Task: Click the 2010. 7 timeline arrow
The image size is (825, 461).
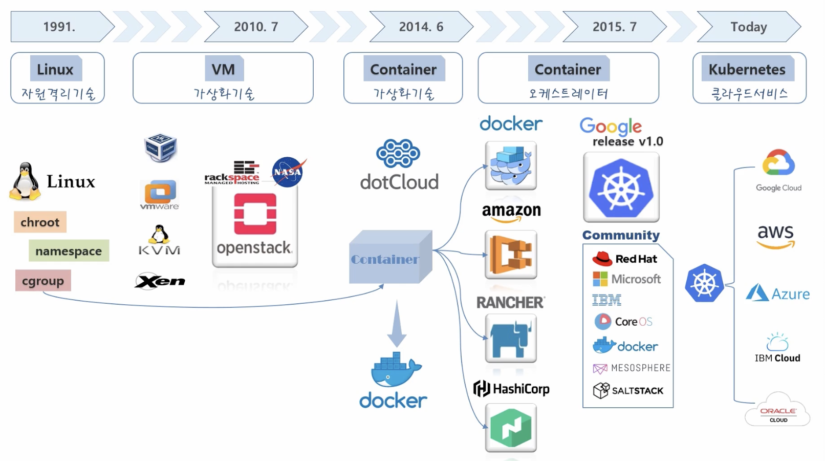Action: [256, 27]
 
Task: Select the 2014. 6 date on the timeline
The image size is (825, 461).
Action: [421, 27]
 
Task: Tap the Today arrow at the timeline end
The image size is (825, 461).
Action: [748, 27]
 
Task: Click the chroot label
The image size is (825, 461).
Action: [40, 222]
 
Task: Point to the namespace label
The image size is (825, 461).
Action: [69, 251]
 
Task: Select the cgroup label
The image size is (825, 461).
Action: [43, 281]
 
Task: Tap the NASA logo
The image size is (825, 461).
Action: [288, 172]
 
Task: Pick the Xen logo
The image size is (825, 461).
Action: [160, 281]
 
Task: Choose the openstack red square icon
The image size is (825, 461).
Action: [255, 214]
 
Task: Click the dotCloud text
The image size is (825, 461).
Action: [399, 182]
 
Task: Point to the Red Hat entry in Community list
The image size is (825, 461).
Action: [625, 259]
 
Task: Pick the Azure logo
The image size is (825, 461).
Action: [777, 294]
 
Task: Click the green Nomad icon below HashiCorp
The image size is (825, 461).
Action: [511, 428]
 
